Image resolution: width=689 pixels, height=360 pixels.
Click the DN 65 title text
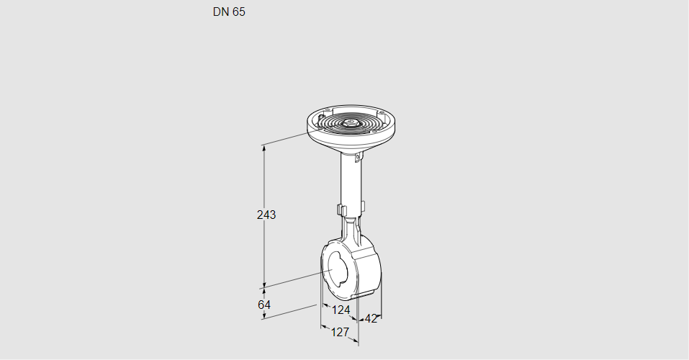[x=229, y=12]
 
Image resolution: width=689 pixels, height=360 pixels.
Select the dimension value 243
[x=266, y=215]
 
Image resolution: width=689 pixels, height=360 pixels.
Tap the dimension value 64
[x=264, y=305]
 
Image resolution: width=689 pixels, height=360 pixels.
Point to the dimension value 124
[x=341, y=310]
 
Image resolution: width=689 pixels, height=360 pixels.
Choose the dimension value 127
[x=339, y=332]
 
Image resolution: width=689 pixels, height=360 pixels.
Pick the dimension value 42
[x=371, y=318]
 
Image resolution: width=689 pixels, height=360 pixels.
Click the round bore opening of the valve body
[x=336, y=273]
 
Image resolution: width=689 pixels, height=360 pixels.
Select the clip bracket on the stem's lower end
[x=351, y=210]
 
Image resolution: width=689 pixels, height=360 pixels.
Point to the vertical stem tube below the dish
[x=351, y=184]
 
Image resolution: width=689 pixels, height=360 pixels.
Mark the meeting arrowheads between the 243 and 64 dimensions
[x=264, y=285]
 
